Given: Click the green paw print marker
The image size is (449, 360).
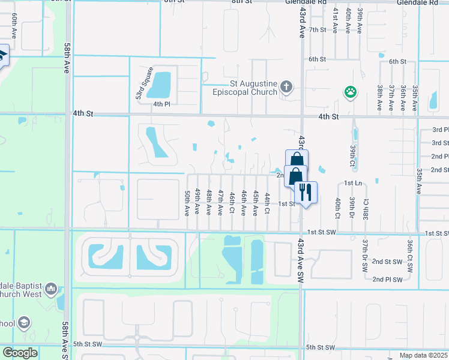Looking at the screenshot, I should [x=350, y=92].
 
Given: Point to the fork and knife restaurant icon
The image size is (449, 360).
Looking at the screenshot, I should [x=306, y=193].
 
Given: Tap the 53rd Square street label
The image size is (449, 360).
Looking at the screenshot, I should [x=139, y=88].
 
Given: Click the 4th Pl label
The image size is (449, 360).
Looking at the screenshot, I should [x=161, y=104].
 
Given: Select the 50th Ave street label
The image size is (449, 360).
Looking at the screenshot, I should [x=187, y=203].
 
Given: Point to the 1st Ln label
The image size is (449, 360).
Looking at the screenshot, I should [x=352, y=182].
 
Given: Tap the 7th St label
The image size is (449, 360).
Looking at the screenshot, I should [x=318, y=29].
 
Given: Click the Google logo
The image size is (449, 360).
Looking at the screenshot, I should [x=19, y=353].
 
